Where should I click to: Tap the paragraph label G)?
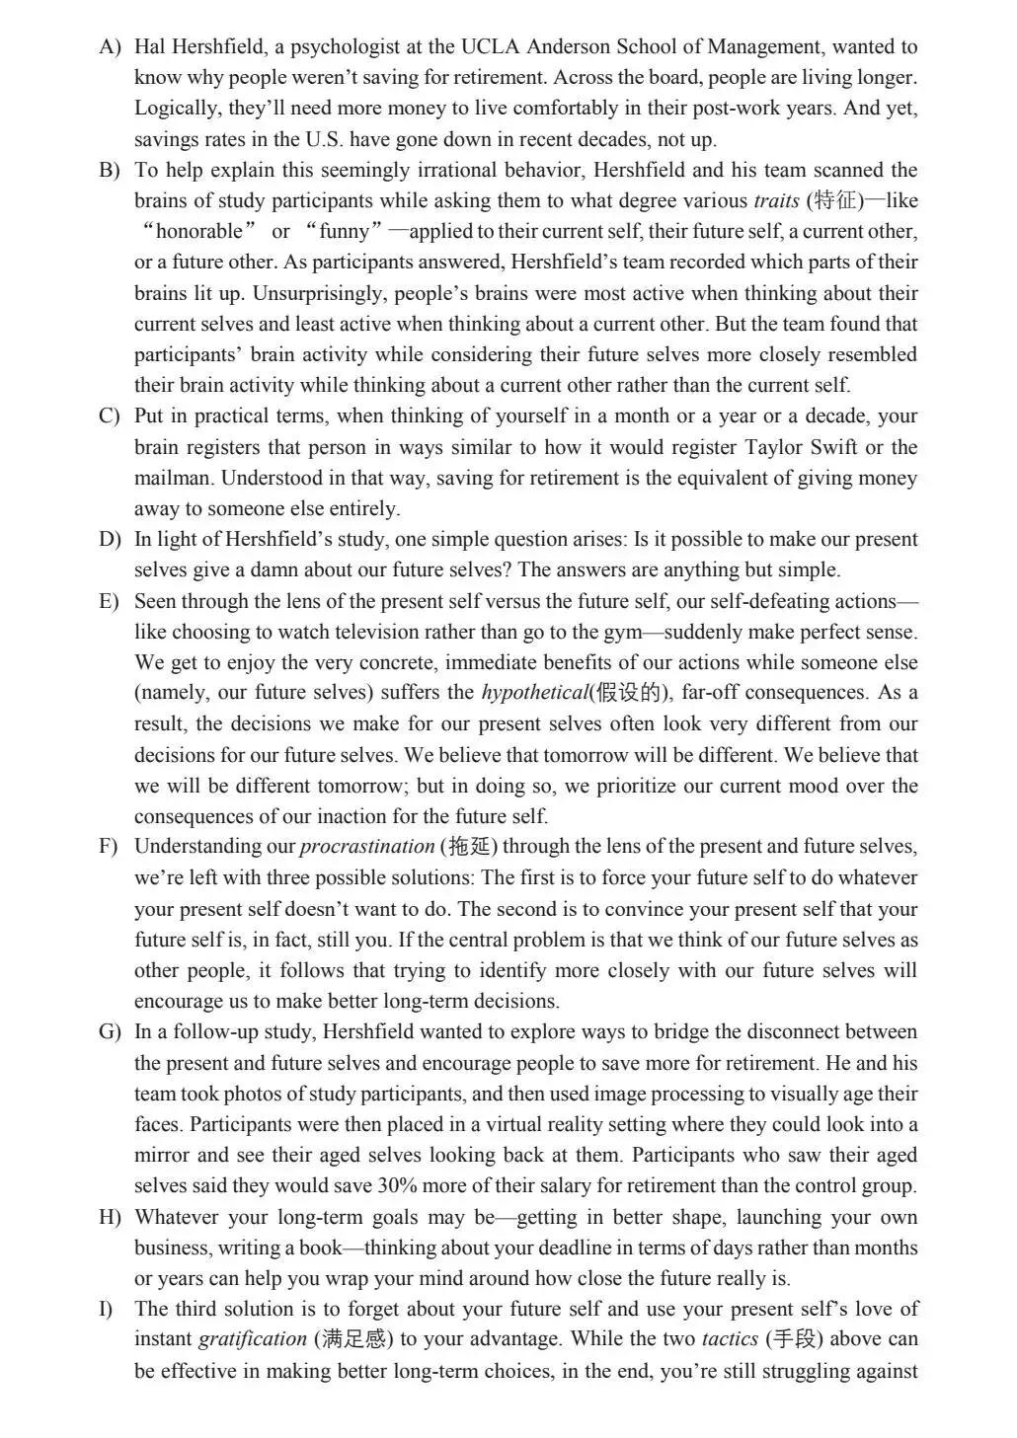point(109,1032)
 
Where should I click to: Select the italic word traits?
point(776,200)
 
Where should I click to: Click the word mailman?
point(173,478)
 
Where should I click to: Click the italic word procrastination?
point(366,847)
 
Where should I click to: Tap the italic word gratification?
point(253,1339)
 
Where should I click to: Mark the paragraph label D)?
point(109,540)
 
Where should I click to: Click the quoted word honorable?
point(198,231)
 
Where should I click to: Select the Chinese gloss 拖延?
point(468,847)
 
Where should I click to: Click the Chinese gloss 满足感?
point(353,1339)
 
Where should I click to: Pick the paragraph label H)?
point(109,1217)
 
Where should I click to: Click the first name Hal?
point(149,46)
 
